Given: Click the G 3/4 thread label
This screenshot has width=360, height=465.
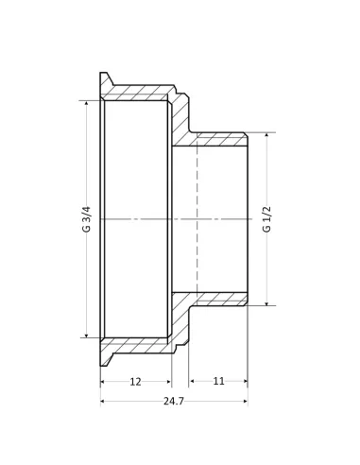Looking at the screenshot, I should [87, 219].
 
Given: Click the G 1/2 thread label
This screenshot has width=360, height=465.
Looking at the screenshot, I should [266, 219].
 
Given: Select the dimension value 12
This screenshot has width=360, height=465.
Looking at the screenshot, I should [135, 381].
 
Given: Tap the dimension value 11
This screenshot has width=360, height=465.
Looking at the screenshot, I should [218, 381].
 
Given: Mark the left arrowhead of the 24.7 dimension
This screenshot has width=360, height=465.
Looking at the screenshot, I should [103, 402].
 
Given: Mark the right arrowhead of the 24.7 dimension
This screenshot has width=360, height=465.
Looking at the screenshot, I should [245, 402].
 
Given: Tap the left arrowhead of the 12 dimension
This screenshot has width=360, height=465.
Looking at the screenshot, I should [103, 381].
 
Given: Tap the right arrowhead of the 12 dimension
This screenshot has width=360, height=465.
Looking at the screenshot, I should [168, 381].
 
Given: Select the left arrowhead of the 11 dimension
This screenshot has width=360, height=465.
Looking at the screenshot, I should [192, 381].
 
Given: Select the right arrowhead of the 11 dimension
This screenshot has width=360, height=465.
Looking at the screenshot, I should [245, 381].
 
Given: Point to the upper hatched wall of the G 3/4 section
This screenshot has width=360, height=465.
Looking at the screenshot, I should [137, 93].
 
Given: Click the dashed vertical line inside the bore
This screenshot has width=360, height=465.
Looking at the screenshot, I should [197, 219].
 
